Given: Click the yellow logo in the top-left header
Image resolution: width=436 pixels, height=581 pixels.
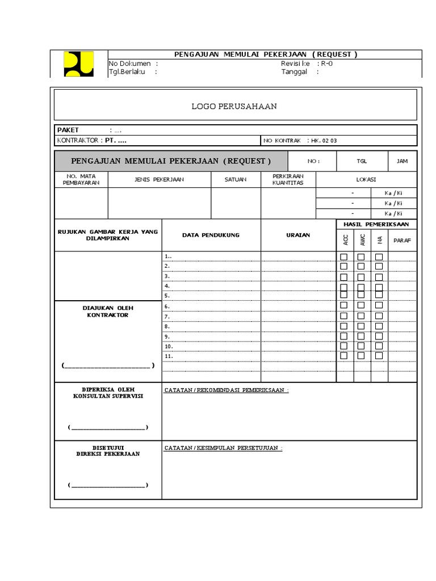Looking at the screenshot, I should (78, 64).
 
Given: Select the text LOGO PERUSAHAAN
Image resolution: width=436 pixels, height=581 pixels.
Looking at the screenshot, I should (234, 106).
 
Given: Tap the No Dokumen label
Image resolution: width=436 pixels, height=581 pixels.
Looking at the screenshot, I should (130, 64).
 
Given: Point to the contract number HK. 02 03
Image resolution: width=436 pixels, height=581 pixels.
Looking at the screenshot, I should (325, 140).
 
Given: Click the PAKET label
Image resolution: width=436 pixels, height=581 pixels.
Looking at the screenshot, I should (68, 130).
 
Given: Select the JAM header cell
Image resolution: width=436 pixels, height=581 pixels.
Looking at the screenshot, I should (402, 161).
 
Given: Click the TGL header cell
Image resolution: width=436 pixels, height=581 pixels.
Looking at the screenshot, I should (362, 161).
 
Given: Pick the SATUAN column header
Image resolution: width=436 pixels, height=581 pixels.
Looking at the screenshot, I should (236, 179).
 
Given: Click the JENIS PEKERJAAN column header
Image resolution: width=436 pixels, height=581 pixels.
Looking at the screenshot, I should (159, 179).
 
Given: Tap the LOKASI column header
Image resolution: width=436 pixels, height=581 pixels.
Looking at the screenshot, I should (366, 179).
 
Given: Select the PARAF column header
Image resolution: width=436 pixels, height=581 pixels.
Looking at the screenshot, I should (402, 240).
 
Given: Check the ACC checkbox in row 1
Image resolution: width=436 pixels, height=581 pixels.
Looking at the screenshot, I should (343, 257).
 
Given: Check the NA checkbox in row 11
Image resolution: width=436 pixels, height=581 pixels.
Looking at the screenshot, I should (379, 356).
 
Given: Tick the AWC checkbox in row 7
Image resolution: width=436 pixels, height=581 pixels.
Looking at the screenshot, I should (361, 316).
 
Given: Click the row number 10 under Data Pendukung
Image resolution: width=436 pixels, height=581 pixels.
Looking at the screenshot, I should (169, 346).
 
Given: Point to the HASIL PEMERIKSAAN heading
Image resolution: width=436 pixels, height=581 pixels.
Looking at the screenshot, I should (376, 225).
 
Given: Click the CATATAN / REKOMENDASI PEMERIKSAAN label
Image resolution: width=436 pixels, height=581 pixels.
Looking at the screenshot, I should (226, 390).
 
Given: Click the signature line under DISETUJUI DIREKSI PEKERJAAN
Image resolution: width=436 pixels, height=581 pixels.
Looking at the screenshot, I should (108, 486).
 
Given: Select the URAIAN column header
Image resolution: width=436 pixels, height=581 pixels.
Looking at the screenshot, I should (298, 235).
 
